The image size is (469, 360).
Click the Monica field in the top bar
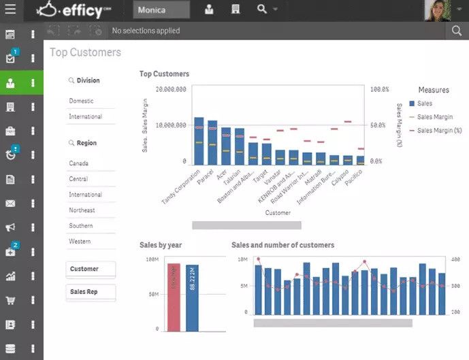161,10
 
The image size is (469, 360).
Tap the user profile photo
438,10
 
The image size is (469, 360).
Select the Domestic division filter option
82,101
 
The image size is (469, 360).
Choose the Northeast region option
82,210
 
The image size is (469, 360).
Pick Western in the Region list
80,242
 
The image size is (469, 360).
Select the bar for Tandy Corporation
199,142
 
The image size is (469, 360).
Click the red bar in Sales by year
174,297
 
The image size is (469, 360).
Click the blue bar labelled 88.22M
192,298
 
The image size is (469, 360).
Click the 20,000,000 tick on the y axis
171,89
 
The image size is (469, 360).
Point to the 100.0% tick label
380,89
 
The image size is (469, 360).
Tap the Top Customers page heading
85,52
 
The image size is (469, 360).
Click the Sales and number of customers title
282,245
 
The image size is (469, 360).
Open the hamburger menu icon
10,10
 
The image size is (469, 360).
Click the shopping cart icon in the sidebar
10,300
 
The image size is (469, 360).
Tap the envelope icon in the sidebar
10,203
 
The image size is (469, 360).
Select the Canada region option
79,163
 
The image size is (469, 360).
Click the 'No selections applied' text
146,31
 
